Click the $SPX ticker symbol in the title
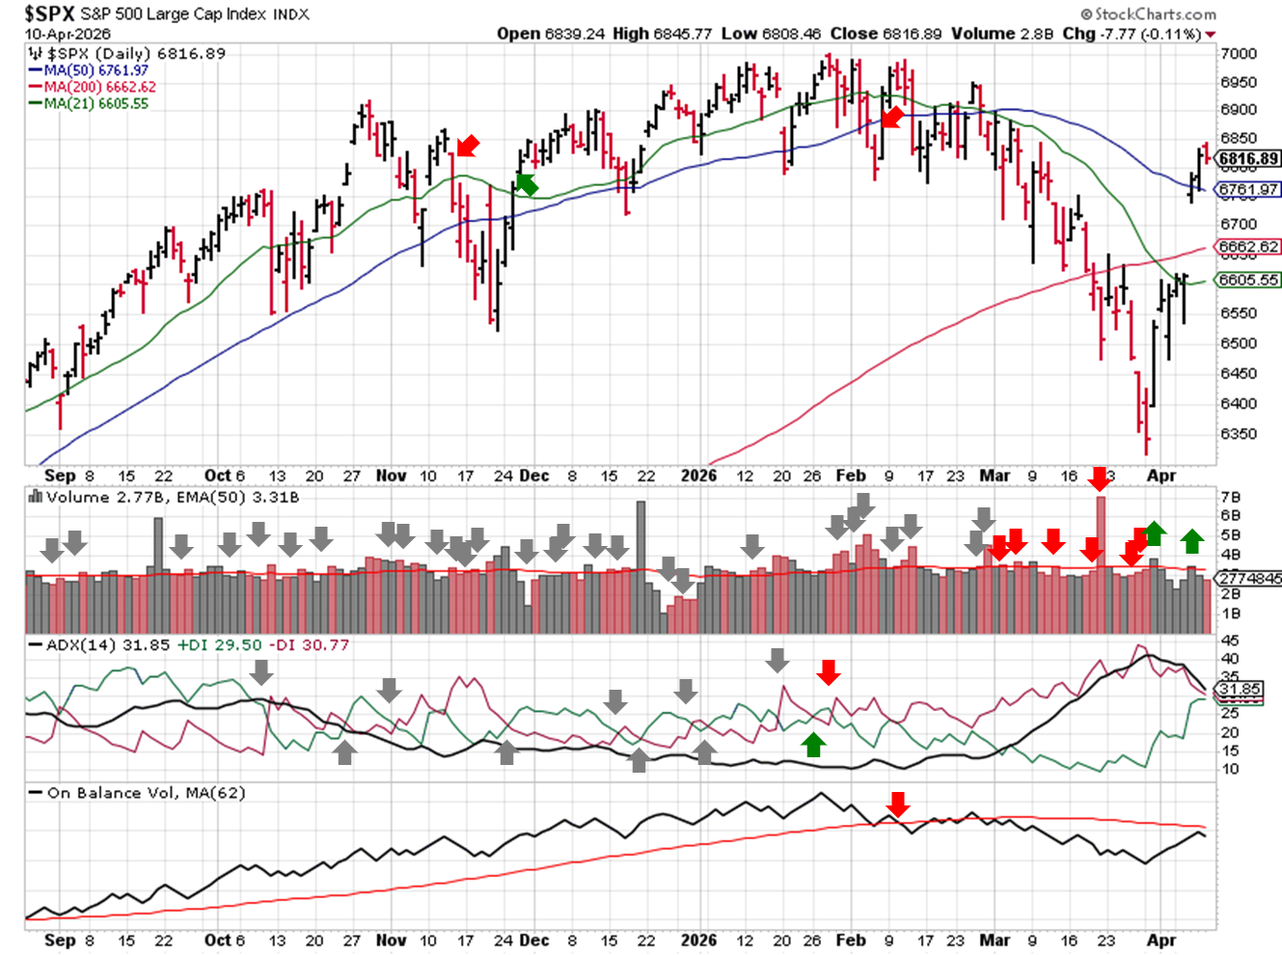pos(49,14)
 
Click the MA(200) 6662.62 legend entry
pos(99,87)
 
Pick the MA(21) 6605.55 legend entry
pos(95,103)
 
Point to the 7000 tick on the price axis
pos(1239,54)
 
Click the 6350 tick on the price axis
pos(1239,434)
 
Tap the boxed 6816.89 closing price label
pos(1248,159)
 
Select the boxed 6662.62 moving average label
pos(1248,247)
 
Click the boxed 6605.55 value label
pos(1248,280)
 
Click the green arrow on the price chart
pos(526,183)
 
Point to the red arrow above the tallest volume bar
pos(1099,478)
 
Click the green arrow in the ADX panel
pos(813,744)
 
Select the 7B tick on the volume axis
pos(1230,498)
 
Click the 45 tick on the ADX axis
pos(1230,641)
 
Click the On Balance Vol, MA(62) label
pos(146,793)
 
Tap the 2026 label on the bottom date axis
pos(698,940)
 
